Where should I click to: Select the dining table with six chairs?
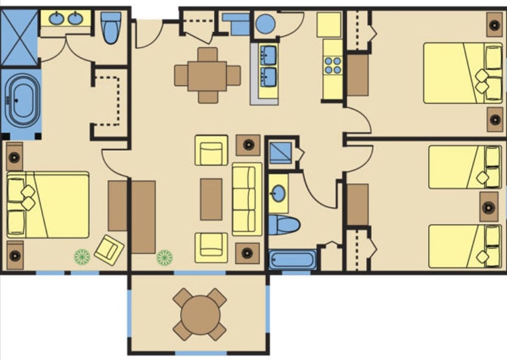207,75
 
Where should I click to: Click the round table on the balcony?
200,314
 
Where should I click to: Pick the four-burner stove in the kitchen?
333,65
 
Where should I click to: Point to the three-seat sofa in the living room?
247,199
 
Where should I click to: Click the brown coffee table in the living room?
211,199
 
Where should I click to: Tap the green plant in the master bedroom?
82,257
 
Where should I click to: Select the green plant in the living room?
164,257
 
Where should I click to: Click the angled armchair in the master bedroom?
109,249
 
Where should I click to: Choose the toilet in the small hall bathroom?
283,225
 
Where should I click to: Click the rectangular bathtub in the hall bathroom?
292,260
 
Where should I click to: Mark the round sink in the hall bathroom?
278,194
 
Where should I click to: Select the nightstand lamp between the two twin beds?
489,206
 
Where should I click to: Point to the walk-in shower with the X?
19,38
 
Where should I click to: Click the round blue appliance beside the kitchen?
265,24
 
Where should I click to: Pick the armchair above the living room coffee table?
211,150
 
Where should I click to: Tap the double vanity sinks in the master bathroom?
66,19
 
